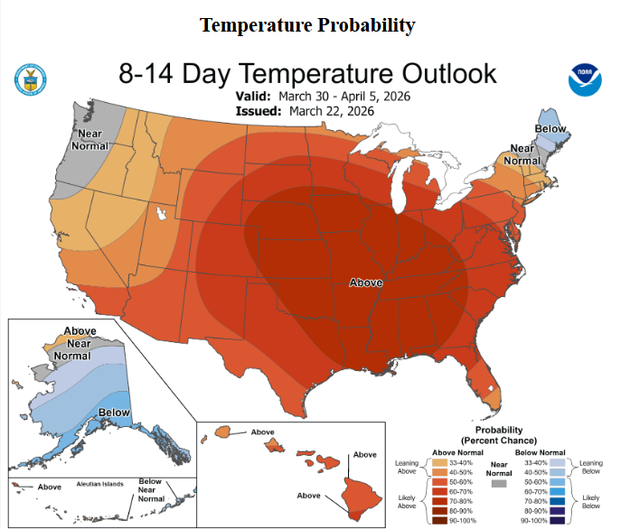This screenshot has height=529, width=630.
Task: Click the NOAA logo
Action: coord(585,79)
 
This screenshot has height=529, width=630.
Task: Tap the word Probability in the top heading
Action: coord(367,25)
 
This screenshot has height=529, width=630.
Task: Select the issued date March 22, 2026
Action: coord(333,111)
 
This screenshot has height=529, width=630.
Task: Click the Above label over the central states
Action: coord(366,283)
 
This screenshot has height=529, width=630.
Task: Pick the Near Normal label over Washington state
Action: coord(89,140)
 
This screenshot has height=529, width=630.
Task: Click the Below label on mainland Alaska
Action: coord(114,413)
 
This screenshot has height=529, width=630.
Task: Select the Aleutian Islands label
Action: coord(100,484)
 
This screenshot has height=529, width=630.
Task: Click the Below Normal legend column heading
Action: coord(541,451)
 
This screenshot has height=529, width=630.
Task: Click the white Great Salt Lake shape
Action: coord(161,215)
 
